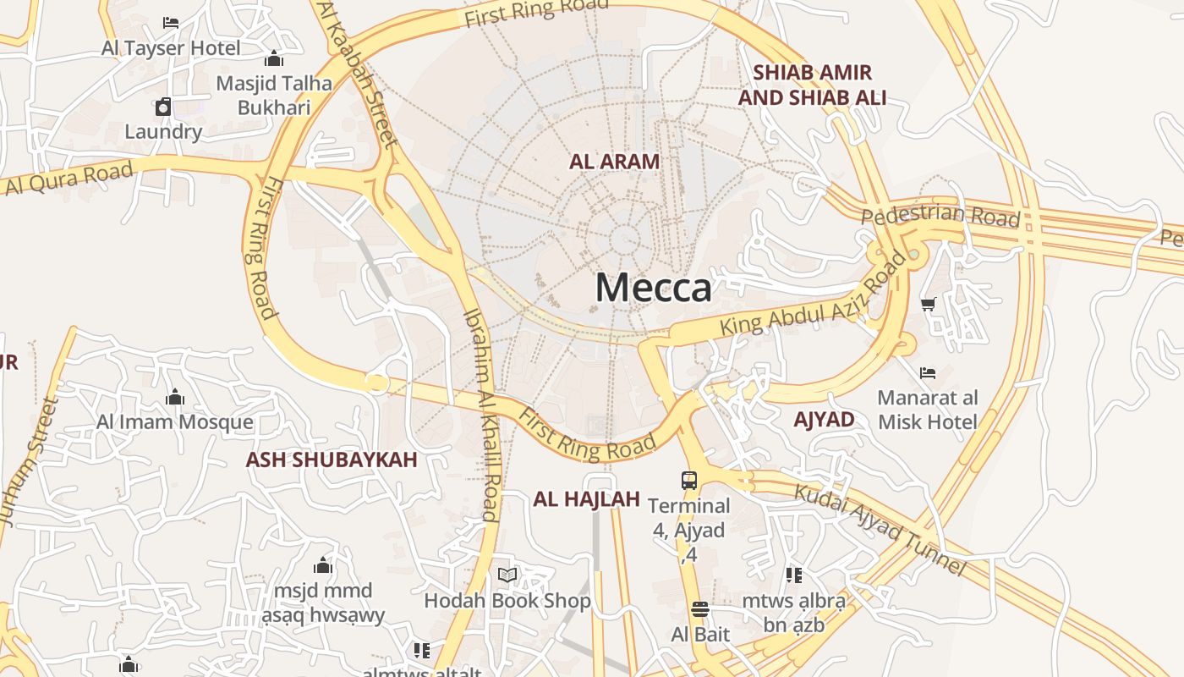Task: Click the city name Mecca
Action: [x=653, y=288]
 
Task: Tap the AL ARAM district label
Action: [x=615, y=162]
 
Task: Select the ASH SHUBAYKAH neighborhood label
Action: [x=332, y=460]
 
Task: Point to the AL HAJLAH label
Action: [x=586, y=499]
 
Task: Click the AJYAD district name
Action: [x=824, y=419]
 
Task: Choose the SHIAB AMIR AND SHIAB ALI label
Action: [x=812, y=85]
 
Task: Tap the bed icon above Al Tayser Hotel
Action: [x=171, y=23]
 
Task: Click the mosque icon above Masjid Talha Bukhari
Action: [x=273, y=58]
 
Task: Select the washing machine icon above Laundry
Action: [x=163, y=107]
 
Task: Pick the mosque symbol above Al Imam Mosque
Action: [x=175, y=396]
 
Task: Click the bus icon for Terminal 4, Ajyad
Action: [x=689, y=481]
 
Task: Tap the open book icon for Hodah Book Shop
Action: [x=507, y=575]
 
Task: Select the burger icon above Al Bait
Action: [x=699, y=609]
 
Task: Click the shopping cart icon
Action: [x=928, y=304]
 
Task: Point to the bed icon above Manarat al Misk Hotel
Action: [x=928, y=372]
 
